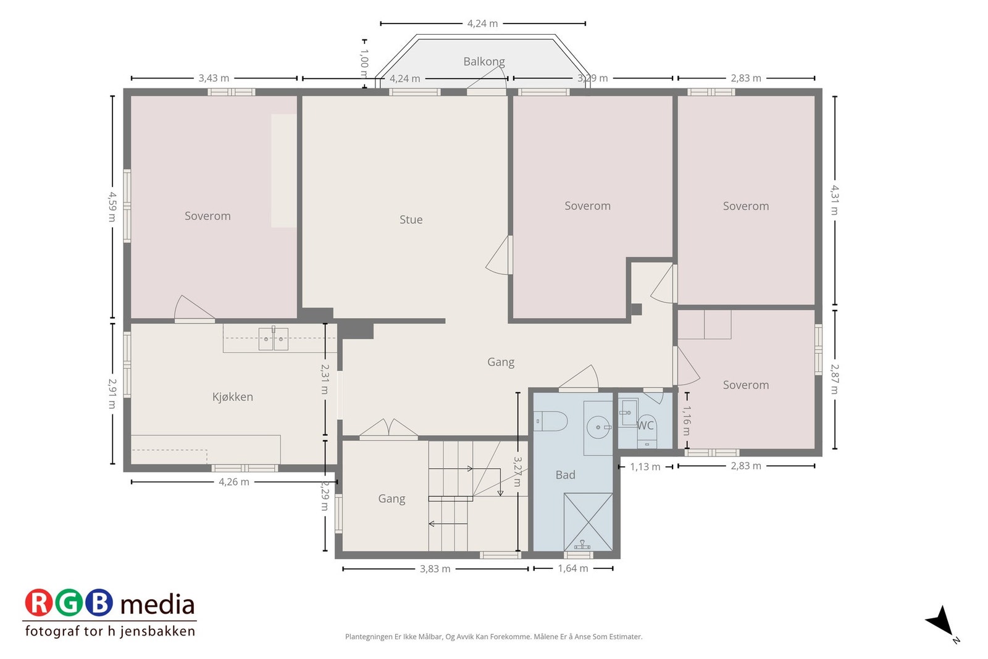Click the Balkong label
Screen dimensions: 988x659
(x=484, y=62)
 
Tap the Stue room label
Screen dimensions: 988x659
(x=411, y=220)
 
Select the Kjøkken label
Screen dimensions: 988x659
(x=232, y=397)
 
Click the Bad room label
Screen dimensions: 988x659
(x=566, y=475)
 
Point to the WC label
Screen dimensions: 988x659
(x=645, y=426)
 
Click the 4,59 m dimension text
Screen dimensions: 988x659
(x=112, y=206)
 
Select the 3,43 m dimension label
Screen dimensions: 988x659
(x=214, y=78)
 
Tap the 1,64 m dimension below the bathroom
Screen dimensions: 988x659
(x=573, y=569)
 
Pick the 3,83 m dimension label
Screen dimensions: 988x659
(x=435, y=569)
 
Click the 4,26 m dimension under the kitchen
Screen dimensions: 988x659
(x=234, y=482)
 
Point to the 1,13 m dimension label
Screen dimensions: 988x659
(x=645, y=467)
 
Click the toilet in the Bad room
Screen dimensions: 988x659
(x=550, y=421)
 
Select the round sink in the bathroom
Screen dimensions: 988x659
(x=599, y=427)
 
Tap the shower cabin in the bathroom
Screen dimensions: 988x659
(x=588, y=522)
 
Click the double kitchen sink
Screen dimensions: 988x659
(x=273, y=338)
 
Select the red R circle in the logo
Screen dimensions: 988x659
(x=38, y=603)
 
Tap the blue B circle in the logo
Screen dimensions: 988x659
(x=99, y=603)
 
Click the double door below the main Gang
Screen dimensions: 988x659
(x=388, y=430)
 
